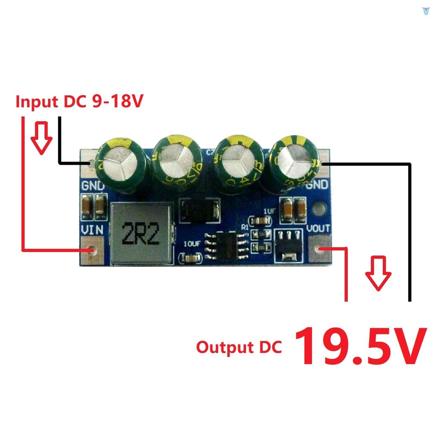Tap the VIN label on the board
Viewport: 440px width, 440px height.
point(92,229)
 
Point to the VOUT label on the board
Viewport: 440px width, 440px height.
point(319,228)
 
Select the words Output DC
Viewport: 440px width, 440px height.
point(239,347)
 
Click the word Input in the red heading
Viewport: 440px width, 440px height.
point(37,102)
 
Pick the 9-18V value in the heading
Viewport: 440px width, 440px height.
point(118,102)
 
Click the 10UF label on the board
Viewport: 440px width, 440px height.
point(192,244)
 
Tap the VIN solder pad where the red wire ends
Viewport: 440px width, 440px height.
point(92,250)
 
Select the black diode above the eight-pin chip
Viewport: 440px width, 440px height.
point(199,210)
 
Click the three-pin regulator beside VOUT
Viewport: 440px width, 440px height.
point(287,245)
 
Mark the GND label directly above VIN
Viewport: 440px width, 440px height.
point(93,186)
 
